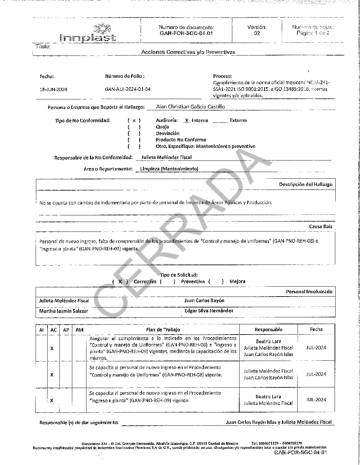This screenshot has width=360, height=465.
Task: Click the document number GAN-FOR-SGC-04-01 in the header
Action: (186, 33)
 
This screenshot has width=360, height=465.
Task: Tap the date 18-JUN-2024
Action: (53, 89)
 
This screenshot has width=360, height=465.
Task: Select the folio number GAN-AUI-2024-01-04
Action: (128, 89)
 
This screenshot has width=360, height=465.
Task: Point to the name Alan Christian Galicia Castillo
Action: (191, 107)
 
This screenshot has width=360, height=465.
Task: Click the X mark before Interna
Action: (187, 121)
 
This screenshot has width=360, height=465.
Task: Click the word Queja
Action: (162, 127)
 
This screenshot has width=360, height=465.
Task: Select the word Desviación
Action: (168, 133)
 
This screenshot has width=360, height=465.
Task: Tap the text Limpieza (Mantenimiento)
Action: (169, 169)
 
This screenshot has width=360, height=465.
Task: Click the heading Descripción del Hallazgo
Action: (306, 184)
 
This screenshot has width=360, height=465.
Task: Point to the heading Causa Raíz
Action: (320, 227)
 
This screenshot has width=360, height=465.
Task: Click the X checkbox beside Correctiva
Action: (120, 282)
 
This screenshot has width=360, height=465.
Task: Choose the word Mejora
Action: (237, 282)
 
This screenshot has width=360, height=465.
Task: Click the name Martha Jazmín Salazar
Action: (64, 311)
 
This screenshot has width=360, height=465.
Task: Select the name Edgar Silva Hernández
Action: (209, 311)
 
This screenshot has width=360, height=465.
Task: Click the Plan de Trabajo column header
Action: (163, 330)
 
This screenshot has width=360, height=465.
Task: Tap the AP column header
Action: (66, 330)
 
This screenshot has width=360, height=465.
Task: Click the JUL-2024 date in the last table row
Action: (316, 400)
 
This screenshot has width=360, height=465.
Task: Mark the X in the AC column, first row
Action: (52, 348)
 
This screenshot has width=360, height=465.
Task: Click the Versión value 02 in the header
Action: (257, 33)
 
